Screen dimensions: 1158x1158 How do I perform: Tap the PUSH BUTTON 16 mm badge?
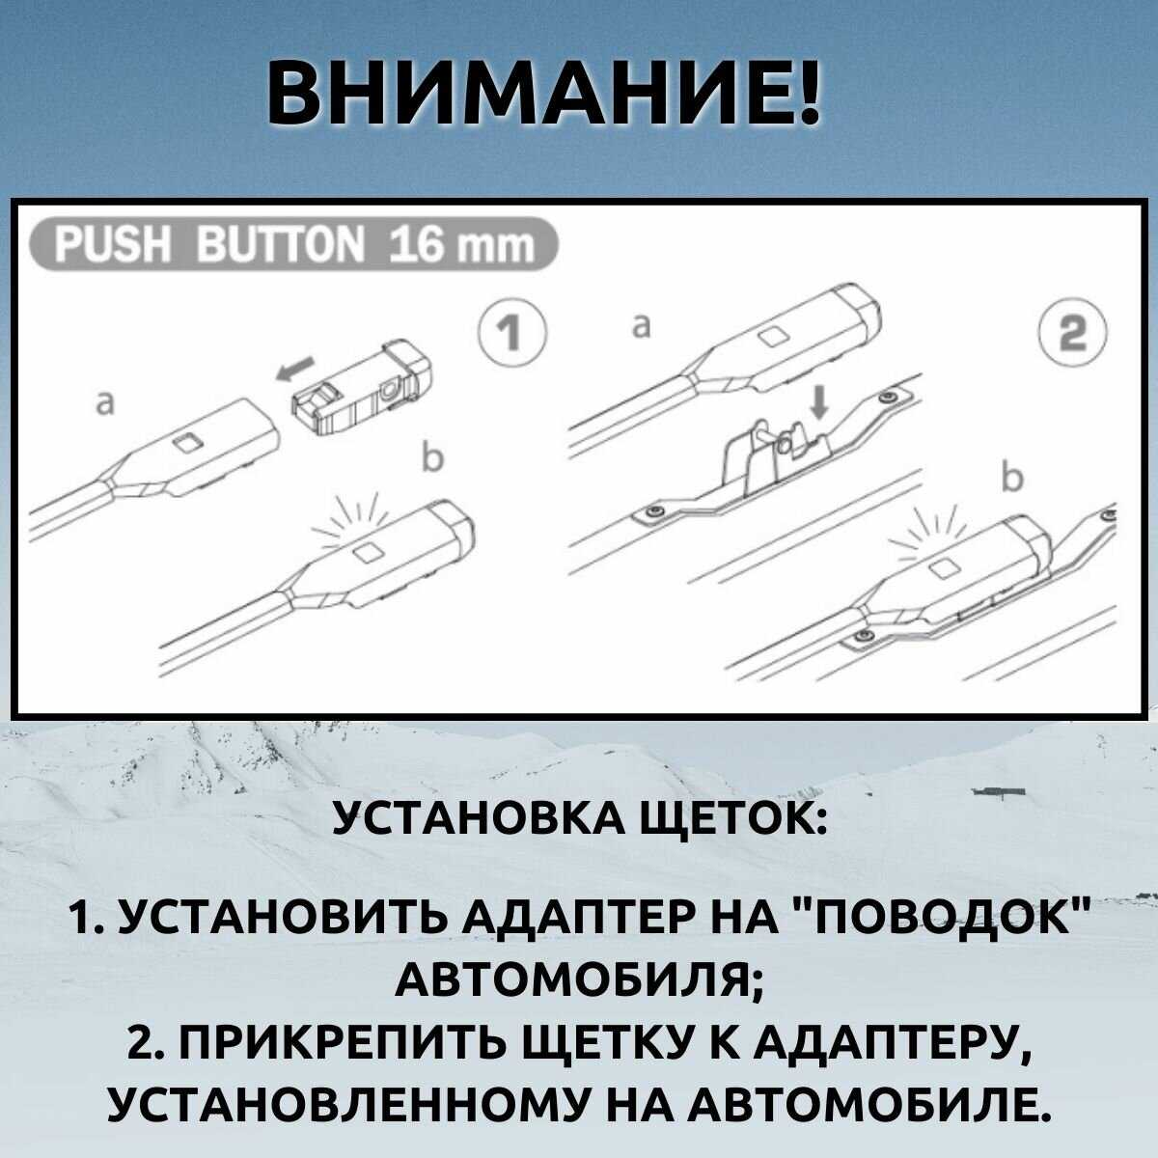[294, 247]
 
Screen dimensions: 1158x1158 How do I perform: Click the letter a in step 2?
[638, 327]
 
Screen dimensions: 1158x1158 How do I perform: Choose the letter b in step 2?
[1010, 479]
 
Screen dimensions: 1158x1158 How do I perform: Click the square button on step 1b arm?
[369, 551]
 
